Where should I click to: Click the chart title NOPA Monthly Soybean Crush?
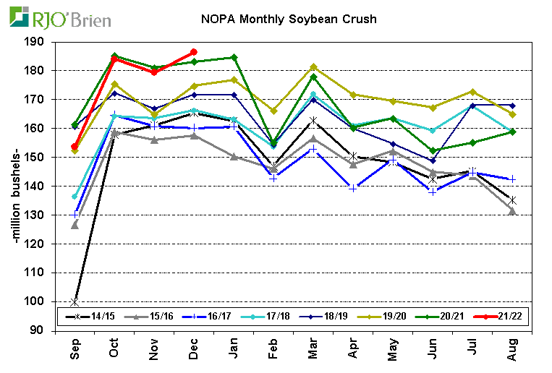288,19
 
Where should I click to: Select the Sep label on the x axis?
75,349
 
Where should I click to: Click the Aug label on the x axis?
512,349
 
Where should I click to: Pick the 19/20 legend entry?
383,317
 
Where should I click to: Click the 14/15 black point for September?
75,301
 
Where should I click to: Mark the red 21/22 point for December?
193,52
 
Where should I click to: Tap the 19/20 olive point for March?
313,67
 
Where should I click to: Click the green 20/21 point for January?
233,57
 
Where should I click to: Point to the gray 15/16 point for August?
511,210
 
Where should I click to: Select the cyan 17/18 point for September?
75,197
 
